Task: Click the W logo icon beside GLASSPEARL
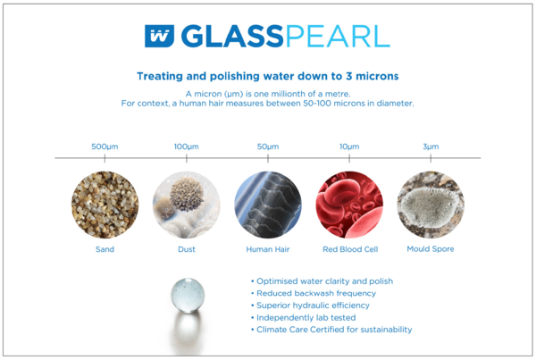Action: pyautogui.click(x=159, y=36)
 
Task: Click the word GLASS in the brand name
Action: pyautogui.click(x=232, y=36)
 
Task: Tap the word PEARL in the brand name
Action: pyautogui.click(x=338, y=36)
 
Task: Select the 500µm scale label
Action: pyautogui.click(x=105, y=147)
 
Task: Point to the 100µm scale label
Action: pyautogui.click(x=187, y=147)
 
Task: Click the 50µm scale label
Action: pyautogui.click(x=268, y=147)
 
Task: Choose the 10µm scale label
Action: pyautogui.click(x=349, y=147)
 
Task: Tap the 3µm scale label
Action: pyautogui.click(x=431, y=147)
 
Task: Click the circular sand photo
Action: pyautogui.click(x=105, y=205)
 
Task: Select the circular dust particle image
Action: pyautogui.click(x=187, y=205)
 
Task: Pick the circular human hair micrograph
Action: pyautogui.click(x=268, y=205)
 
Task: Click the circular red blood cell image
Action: pyautogui.click(x=349, y=205)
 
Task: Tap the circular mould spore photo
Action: pyautogui.click(x=431, y=205)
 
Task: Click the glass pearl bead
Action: pyautogui.click(x=188, y=296)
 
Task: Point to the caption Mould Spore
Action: pyautogui.click(x=431, y=249)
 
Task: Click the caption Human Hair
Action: pyautogui.click(x=268, y=249)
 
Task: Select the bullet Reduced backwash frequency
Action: pyautogui.click(x=314, y=293)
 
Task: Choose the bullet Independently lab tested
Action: pyautogui.click(x=304, y=318)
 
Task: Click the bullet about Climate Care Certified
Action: pyautogui.click(x=331, y=330)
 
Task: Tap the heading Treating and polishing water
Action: pyautogui.click(x=268, y=76)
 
